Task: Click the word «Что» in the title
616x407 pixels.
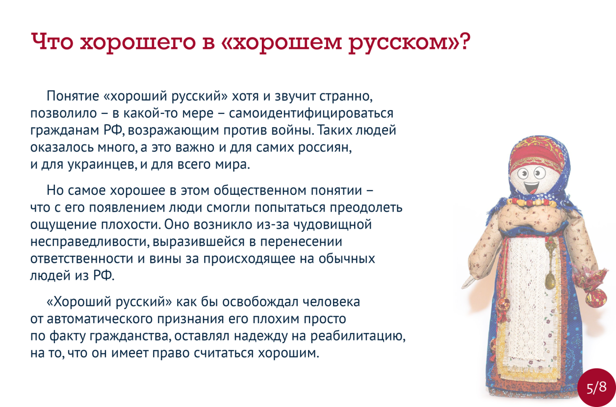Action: [x=52, y=41]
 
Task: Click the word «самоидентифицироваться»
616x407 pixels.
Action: [x=311, y=114]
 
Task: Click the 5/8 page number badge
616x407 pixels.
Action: [x=597, y=388]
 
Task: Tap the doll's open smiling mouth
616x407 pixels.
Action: [x=530, y=189]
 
